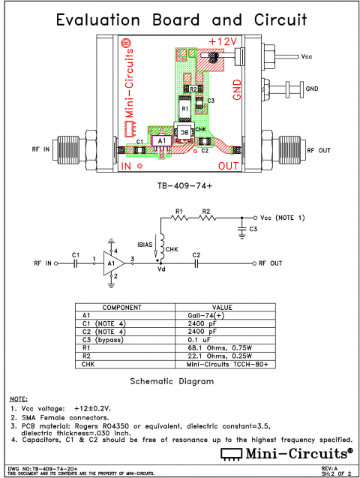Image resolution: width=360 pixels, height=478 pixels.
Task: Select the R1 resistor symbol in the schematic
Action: point(178,219)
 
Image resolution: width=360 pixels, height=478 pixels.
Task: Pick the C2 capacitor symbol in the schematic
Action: point(196,263)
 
